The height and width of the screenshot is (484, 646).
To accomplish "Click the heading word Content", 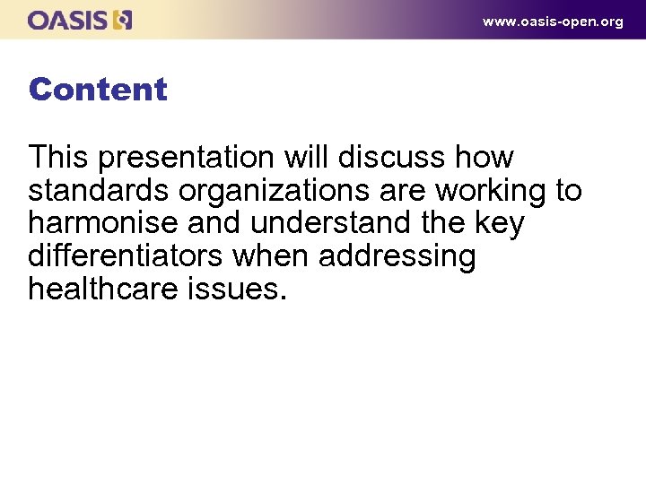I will click(x=98, y=90).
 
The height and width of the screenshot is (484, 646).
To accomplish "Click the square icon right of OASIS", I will click(x=124, y=20).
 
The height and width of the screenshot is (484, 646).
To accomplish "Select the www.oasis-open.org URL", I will click(x=552, y=22).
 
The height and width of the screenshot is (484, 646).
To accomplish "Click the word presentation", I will click(x=186, y=158).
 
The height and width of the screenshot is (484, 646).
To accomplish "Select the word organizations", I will click(x=273, y=191).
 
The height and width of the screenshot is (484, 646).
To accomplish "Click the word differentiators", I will click(x=126, y=256).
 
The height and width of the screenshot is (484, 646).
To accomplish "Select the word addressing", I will click(x=397, y=256).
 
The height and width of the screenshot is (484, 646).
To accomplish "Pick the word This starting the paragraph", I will click(x=59, y=158).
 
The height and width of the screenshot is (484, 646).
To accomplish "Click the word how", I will click(x=484, y=158).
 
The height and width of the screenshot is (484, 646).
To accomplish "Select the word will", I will click(x=307, y=158).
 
